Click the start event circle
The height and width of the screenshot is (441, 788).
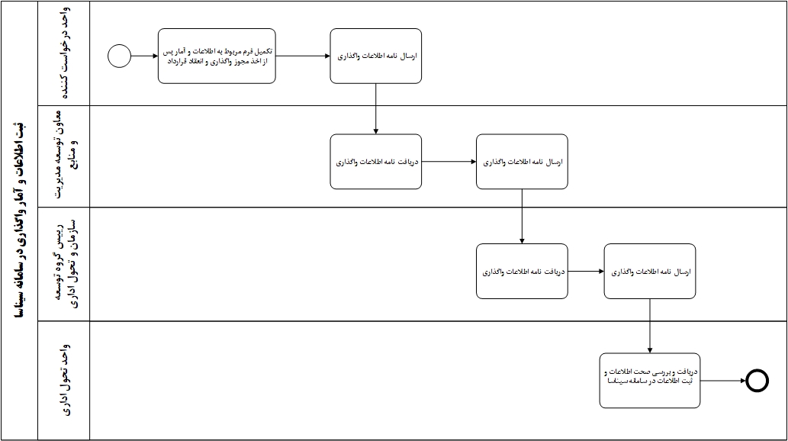119,56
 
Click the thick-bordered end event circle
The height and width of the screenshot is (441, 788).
756,381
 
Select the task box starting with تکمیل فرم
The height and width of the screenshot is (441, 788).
217,56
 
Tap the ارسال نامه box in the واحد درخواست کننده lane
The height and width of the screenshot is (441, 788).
376,56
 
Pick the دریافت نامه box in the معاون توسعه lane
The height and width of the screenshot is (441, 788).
376,162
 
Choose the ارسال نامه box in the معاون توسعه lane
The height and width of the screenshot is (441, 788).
522,162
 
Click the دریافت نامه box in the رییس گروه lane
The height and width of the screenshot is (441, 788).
522,271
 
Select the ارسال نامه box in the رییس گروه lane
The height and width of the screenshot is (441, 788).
650,271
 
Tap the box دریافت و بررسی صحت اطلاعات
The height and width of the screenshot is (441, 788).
650,381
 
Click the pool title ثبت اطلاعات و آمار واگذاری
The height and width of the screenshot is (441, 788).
19,220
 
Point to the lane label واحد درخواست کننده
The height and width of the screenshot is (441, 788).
66,53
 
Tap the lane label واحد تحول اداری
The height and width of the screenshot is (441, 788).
66,380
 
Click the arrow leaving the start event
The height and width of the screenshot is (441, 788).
144,56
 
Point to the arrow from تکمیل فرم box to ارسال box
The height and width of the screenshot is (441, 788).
303,56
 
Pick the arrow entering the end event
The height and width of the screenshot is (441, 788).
722,381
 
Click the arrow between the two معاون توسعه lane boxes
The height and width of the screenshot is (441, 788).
449,162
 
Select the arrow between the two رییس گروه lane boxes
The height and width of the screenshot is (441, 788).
586,271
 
